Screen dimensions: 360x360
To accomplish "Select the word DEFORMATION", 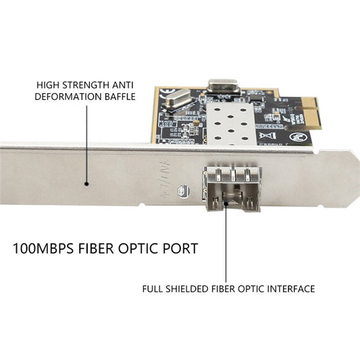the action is [68, 97].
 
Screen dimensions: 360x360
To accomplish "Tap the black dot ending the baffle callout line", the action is [86, 184].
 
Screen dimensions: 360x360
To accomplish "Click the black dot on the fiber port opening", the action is [226, 203].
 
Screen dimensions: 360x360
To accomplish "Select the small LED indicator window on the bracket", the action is [184, 191].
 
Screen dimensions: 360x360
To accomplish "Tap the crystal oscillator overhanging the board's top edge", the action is [223, 86].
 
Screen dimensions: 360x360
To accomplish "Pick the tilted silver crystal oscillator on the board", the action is [177, 99].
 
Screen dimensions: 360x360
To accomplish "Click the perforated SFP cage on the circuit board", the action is [231, 124].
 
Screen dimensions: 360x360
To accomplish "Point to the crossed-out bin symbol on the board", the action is [266, 136].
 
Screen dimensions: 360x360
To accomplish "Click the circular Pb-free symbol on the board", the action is [297, 137].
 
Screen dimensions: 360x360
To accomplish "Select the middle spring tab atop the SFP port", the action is [233, 175].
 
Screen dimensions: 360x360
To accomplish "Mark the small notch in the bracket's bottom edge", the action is [142, 205].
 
